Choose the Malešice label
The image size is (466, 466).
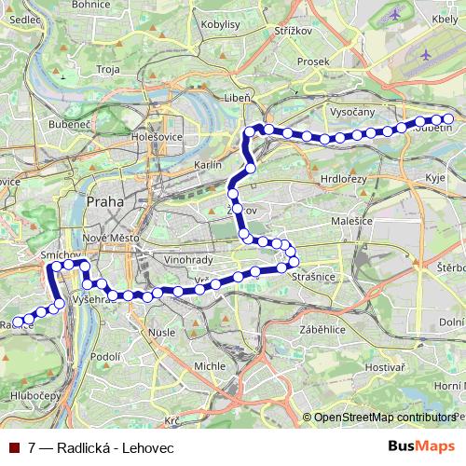pos(351,220)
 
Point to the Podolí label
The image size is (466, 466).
pos(106,356)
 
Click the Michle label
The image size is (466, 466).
pos(208,366)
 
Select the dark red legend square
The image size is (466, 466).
pos(14,446)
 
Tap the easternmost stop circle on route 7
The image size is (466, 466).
pos(448,118)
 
